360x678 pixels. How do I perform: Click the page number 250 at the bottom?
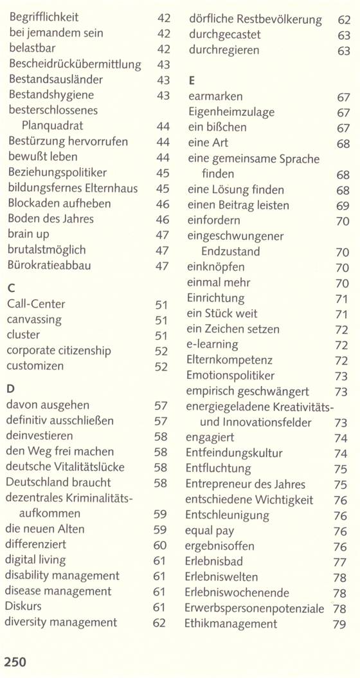point(15,661)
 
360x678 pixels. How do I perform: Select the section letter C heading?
point(11,288)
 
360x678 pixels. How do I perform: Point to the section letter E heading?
point(192,80)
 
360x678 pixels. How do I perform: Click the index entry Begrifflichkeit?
point(44,18)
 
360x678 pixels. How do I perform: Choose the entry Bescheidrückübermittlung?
point(75,64)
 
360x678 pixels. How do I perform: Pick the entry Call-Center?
point(36,304)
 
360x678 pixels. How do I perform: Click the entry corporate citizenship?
point(59,351)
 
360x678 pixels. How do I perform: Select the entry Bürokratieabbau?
point(50,265)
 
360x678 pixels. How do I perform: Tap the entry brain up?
point(28,234)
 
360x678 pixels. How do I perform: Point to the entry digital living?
point(35,560)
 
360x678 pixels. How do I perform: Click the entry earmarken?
point(215,96)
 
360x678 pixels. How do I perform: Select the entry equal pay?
point(210,531)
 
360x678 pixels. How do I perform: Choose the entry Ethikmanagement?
point(231,624)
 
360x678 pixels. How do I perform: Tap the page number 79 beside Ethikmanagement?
point(339,625)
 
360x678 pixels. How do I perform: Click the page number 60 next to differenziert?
point(160,545)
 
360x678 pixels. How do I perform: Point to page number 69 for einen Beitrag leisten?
point(343,206)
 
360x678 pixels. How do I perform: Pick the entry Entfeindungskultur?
point(234,453)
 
